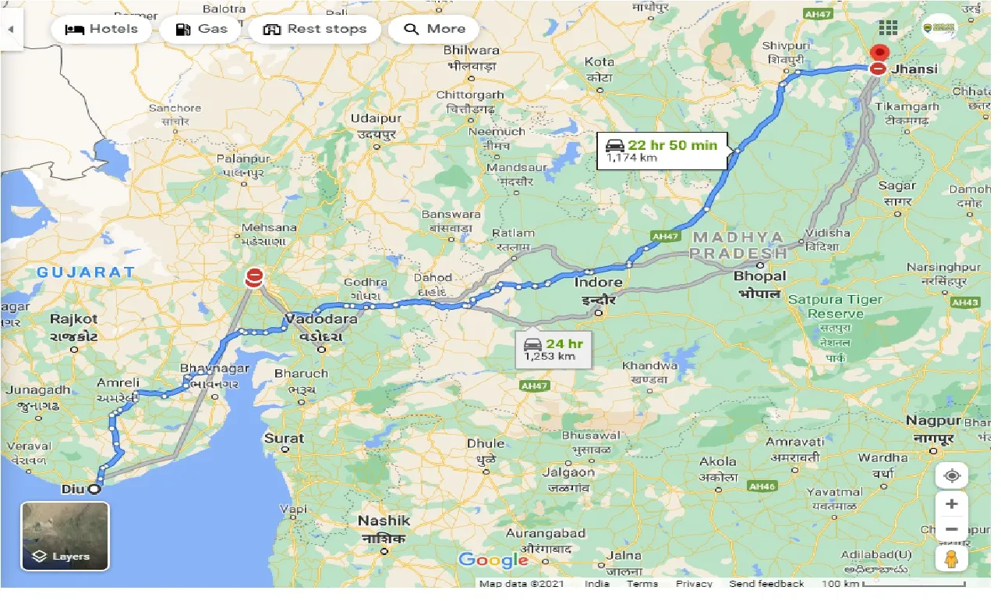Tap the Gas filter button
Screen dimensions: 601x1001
201,30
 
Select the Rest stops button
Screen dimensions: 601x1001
314,30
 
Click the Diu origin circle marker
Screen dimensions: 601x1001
94,489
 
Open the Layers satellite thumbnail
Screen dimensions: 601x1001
65,536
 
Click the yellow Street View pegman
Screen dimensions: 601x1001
951,558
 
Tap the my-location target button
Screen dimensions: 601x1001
951,475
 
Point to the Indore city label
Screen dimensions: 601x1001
598,283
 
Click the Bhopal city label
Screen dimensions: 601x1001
759,276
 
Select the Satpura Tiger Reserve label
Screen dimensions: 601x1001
835,307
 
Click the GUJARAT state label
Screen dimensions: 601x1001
87,272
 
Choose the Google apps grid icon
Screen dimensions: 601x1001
888,28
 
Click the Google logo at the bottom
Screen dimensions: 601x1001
493,560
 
